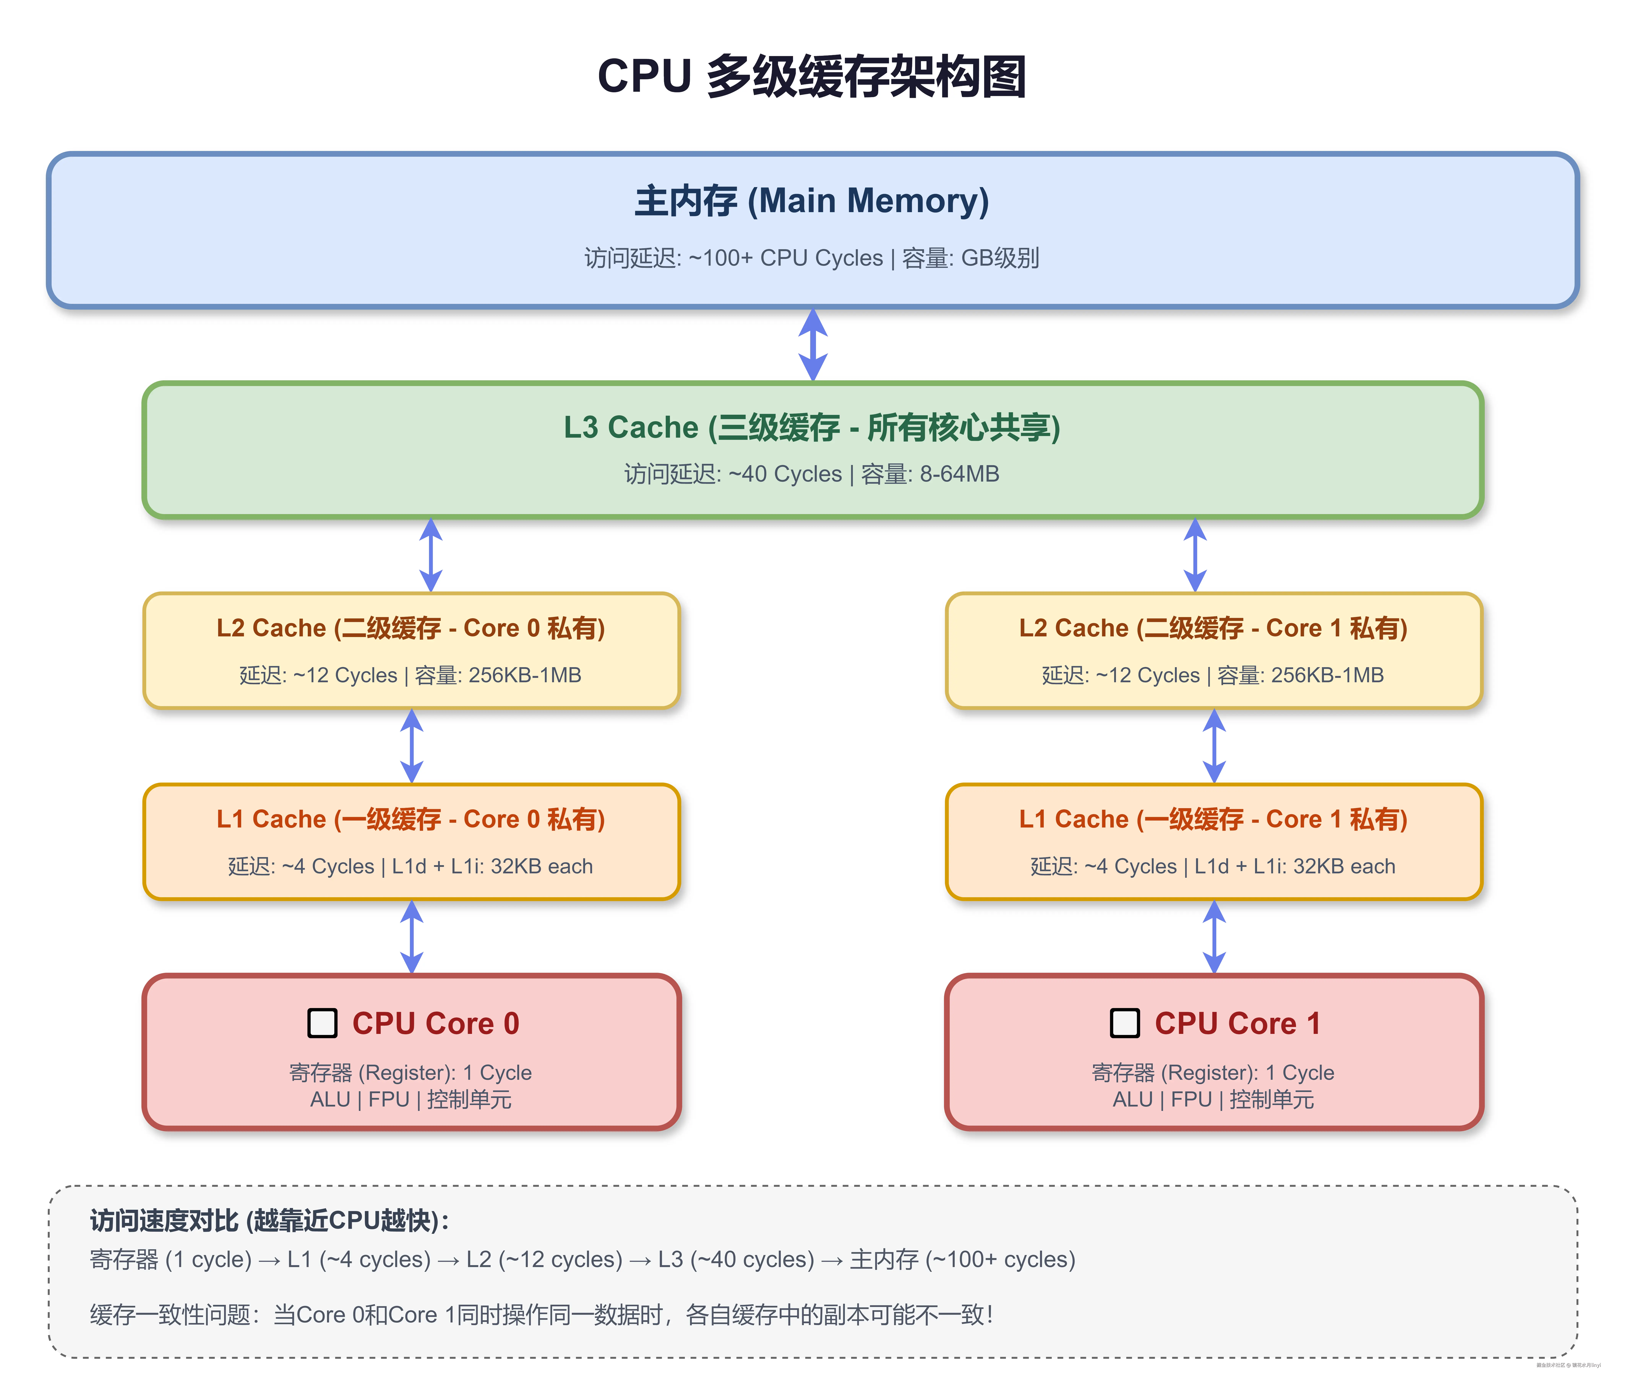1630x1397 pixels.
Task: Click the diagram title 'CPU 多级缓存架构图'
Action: (x=812, y=77)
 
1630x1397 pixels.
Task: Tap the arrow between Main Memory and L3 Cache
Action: (x=813, y=345)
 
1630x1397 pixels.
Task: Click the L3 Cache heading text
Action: (x=812, y=427)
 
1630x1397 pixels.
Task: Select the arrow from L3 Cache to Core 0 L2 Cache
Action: (x=430, y=555)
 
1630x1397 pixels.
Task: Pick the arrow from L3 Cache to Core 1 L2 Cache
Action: (x=1195, y=555)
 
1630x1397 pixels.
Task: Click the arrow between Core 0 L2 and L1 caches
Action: (x=411, y=746)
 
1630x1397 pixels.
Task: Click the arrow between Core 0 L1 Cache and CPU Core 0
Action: (x=411, y=937)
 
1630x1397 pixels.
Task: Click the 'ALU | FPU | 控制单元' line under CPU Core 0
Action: (x=411, y=1100)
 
